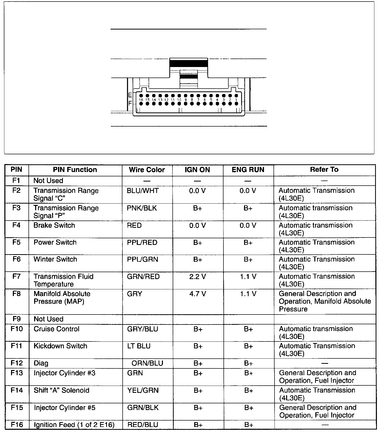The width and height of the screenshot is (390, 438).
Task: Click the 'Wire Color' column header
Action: pos(147,170)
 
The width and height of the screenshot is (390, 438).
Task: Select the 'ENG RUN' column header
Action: pos(248,170)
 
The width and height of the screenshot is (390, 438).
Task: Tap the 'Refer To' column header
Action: pos(324,169)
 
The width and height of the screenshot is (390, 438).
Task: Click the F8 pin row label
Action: pos(16,293)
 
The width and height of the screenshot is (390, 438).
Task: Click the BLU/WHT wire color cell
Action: pos(143,191)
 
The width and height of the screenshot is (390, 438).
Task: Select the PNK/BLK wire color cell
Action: pos(142,208)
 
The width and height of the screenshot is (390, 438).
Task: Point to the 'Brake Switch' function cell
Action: pos(54,225)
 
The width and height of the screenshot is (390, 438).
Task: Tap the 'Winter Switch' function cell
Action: pos(55,259)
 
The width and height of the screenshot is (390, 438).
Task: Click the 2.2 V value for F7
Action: pos(197,277)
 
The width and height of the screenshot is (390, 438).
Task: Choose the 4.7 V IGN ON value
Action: pos(197,294)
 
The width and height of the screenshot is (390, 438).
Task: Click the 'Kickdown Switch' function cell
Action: pos(60,346)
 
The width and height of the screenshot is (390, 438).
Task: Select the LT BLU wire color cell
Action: pos(139,346)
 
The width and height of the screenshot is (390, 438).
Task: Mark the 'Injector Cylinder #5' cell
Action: pos(64,408)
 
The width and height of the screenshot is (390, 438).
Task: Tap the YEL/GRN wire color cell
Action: pos(143,391)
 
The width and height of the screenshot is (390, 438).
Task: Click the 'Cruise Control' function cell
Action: pos(56,329)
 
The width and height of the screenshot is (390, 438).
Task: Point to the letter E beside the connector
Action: pos(130,95)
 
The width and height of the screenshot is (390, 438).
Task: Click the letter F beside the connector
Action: pos(130,103)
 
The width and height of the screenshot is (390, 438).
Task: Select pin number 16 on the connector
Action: pos(141,100)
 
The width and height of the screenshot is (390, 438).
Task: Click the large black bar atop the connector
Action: pos(189,63)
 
